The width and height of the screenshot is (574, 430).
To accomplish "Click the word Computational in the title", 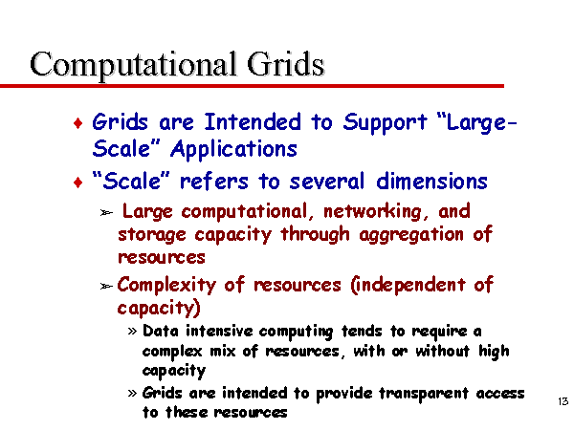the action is pos(133,65).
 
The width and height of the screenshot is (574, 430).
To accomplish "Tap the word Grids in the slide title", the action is pos(285,64).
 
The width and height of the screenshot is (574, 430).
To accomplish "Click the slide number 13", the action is pos(563,401).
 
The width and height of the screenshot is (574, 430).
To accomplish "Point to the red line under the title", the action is pos(252,86).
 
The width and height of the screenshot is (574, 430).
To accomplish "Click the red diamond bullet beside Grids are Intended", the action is pos(78,123).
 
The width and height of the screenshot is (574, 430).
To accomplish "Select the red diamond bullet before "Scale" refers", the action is pos(78,183).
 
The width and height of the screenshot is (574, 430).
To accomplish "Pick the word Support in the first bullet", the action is pos(386,123).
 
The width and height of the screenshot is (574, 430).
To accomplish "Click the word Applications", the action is pos(233,150).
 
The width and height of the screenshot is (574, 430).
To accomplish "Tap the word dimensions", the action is pos(431,181).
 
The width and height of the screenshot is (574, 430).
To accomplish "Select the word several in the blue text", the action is pos(327,182).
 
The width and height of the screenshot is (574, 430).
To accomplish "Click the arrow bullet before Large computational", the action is pos(106,212).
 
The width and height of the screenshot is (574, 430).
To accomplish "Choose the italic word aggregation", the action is pos(411,235).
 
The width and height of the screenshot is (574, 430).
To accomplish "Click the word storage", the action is pos(152,235).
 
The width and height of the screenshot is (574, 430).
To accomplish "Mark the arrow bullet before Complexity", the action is pos(106,286).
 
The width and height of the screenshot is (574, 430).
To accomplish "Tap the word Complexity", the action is pos(166,286).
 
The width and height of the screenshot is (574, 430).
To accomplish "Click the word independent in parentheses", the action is pos(408,285).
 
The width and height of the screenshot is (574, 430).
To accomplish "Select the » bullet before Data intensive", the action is pos(132,332).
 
